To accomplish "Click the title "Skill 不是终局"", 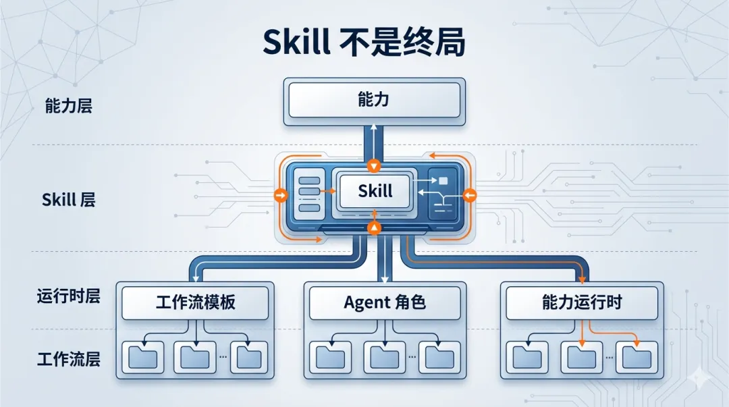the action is [364, 41].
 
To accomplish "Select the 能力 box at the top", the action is [375, 101].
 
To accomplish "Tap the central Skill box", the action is [375, 191].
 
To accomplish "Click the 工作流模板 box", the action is [196, 302].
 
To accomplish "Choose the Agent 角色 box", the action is [385, 302].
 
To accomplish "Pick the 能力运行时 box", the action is [581, 302].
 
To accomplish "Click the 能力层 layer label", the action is [68, 106].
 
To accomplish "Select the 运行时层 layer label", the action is [68, 296].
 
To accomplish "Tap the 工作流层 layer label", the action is [68, 358].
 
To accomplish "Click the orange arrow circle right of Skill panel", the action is [470, 196].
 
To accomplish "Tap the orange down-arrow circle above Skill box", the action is [374, 166].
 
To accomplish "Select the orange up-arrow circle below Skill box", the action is [374, 227].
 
